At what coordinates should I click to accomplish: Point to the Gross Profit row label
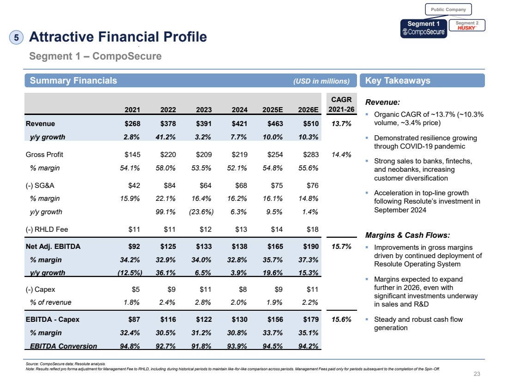coord(44,155)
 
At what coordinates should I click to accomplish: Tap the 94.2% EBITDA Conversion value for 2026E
coord(308,346)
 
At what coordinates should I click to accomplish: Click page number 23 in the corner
coord(477,374)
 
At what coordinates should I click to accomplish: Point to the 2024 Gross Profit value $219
coord(239,155)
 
